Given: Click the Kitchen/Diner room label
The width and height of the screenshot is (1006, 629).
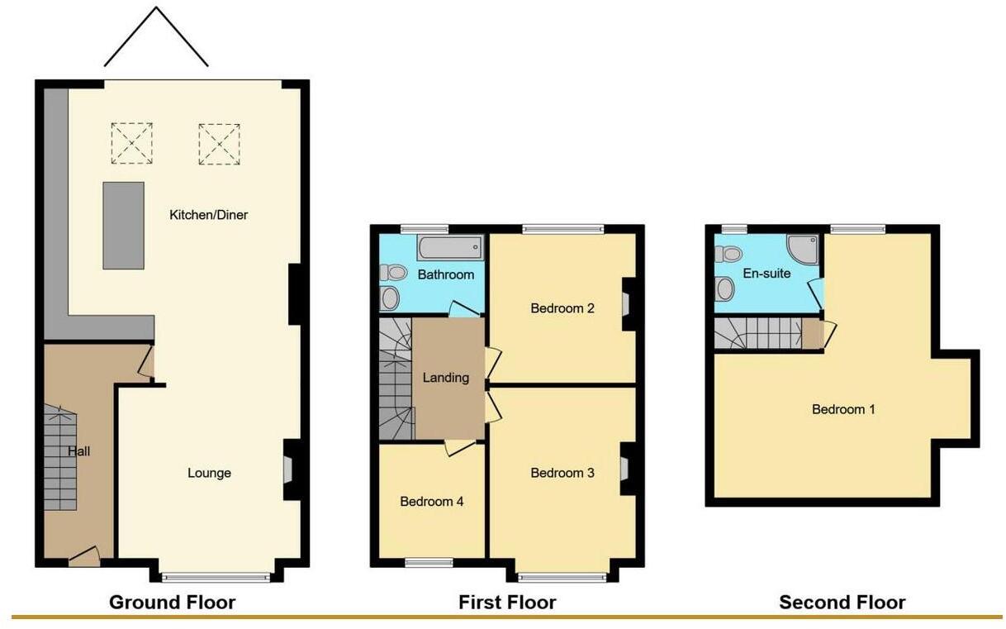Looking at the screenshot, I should click(209, 215).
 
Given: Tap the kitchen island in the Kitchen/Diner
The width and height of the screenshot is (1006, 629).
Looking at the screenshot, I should click(123, 226).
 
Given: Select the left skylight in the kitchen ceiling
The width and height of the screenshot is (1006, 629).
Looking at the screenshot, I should click(132, 143).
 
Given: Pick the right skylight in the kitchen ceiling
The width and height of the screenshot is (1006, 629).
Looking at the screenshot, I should click(219, 143).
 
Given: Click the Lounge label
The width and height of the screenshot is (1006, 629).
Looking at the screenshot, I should click(209, 473).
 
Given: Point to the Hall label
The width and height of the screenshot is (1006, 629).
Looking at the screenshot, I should click(79, 451).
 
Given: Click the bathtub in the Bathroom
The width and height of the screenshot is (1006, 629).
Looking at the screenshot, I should click(450, 246).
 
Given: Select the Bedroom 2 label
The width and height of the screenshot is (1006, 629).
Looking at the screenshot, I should click(562, 308).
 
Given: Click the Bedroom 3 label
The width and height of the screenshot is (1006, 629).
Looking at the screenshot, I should click(562, 473).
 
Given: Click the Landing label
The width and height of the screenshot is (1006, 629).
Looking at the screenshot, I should click(446, 378).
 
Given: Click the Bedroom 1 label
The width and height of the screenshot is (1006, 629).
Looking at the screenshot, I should click(843, 409).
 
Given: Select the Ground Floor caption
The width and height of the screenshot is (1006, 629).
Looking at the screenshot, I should click(172, 603).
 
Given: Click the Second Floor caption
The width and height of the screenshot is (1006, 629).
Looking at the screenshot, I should click(842, 603).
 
